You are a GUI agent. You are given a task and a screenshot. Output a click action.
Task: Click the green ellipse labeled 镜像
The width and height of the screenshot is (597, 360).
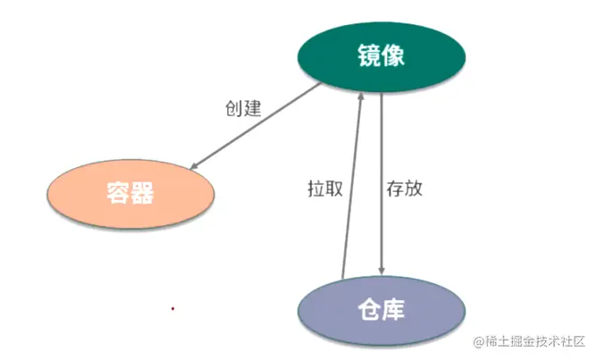click(x=382, y=57)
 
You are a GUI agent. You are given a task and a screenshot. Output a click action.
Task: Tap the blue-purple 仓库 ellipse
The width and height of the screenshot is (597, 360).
click(x=381, y=310)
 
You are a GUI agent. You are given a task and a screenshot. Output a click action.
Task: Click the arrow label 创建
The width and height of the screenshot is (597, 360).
click(x=242, y=109)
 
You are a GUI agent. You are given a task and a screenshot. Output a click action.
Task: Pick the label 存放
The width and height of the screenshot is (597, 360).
click(x=405, y=189)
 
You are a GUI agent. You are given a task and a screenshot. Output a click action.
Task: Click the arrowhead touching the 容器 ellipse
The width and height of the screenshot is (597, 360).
click(x=196, y=165)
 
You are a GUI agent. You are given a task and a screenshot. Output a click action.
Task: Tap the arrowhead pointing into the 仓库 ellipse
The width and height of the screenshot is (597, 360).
click(x=383, y=272)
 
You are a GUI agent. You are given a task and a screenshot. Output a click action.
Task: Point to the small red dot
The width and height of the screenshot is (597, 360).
click(x=172, y=309)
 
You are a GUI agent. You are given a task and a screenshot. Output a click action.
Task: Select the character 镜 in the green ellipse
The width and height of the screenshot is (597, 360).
click(x=369, y=57)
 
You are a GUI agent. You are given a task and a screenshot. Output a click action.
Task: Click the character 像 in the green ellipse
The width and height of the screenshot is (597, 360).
click(x=394, y=57)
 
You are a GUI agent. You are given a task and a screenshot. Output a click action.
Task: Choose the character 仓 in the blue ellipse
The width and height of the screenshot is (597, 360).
click(x=368, y=310)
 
